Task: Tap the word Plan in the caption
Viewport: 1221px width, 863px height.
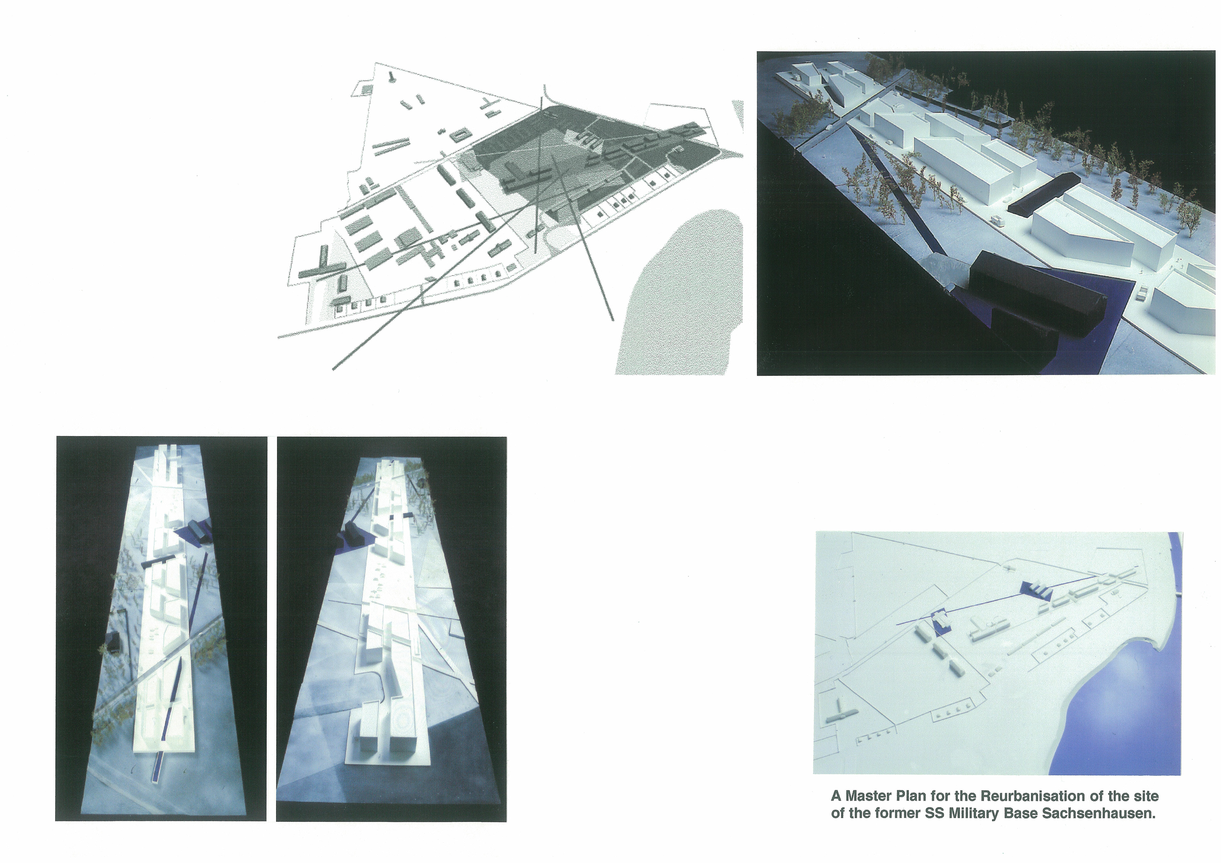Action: (x=907, y=796)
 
